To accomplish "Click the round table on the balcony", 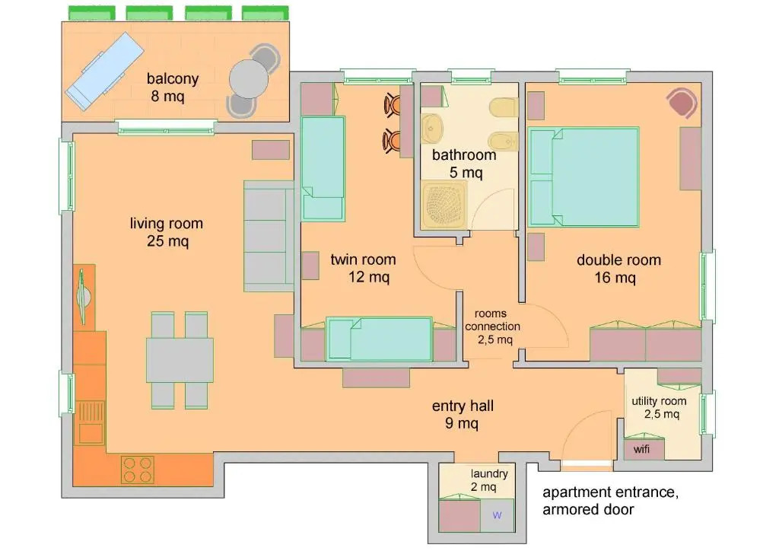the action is pyautogui.click(x=249, y=79).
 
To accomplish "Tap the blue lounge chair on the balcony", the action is pyautogui.click(x=105, y=71).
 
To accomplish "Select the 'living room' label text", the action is pyautogui.click(x=167, y=224).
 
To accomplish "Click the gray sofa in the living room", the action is pyautogui.click(x=269, y=237).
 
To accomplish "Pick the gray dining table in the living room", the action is pyautogui.click(x=180, y=360).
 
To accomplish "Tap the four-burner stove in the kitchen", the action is pyautogui.click(x=138, y=470).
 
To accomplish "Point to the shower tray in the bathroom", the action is pyautogui.click(x=444, y=204).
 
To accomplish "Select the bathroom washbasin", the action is pyautogui.click(x=432, y=129).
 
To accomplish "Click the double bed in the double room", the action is pyautogui.click(x=583, y=177).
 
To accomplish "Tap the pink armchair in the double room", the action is pyautogui.click(x=682, y=103).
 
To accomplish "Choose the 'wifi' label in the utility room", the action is pyautogui.click(x=641, y=449).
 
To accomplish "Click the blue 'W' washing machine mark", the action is pyautogui.click(x=497, y=515).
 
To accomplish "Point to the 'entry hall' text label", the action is pyautogui.click(x=463, y=406).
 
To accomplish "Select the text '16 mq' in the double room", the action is pyautogui.click(x=615, y=278).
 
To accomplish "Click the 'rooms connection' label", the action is pyautogui.click(x=492, y=320).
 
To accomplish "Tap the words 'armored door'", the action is pyautogui.click(x=588, y=509).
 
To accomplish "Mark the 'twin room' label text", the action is pyautogui.click(x=363, y=260).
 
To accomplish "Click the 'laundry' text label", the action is pyautogui.click(x=489, y=473).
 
